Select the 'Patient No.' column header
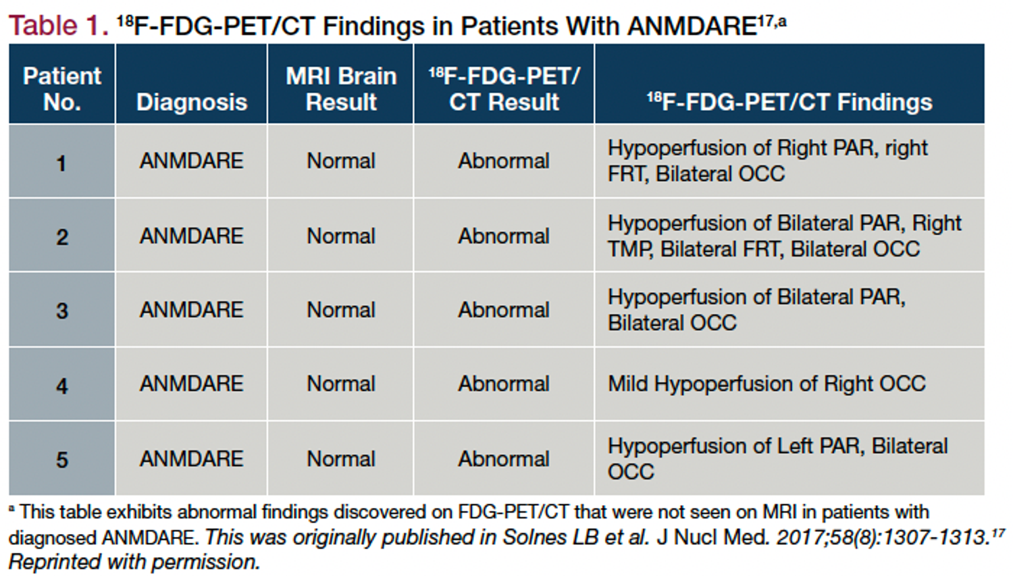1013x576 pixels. (x=62, y=88)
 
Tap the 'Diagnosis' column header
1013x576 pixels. (x=192, y=102)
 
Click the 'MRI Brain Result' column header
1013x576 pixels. (x=341, y=88)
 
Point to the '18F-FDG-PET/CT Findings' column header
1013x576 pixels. (x=789, y=101)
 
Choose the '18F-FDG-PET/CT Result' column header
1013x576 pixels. (x=504, y=88)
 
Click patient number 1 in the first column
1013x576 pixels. (x=61, y=163)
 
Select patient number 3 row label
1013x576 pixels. (x=62, y=311)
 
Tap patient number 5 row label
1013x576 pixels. (x=62, y=460)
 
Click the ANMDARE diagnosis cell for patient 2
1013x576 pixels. (x=191, y=236)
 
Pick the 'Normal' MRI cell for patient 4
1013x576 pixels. (x=341, y=384)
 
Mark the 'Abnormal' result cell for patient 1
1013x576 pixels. (x=504, y=161)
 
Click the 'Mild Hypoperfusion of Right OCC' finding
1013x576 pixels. (x=767, y=384)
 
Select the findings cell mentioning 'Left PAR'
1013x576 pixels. (x=777, y=459)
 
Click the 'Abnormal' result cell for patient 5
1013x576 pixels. (x=504, y=459)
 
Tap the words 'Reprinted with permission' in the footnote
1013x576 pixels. (x=134, y=562)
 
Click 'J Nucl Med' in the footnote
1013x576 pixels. (x=712, y=538)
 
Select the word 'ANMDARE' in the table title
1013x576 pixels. (x=692, y=26)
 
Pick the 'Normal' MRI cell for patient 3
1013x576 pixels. (x=341, y=310)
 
